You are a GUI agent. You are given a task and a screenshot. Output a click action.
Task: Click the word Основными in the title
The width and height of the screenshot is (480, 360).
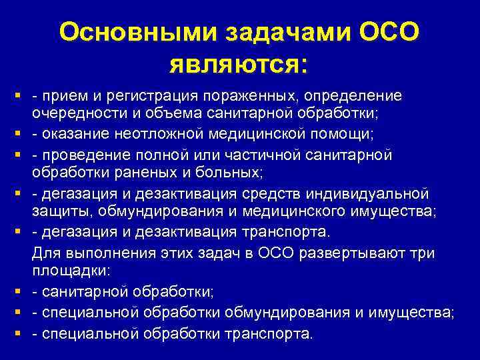click(x=123, y=33)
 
